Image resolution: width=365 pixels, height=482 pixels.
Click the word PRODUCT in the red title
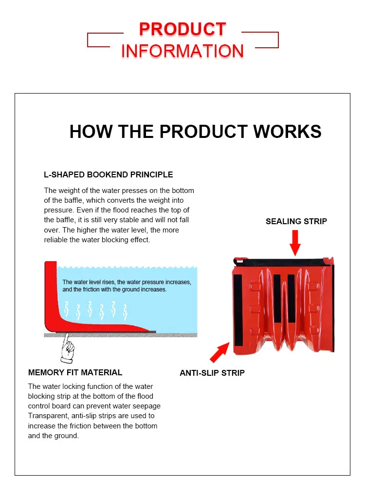pos(182,29)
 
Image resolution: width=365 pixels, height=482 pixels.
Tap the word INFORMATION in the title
pos(182,51)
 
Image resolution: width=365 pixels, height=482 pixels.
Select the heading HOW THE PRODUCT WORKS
pos(195,132)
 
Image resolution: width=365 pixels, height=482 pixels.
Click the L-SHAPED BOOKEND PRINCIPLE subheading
pos(109,174)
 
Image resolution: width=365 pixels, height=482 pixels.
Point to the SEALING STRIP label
pos(296,221)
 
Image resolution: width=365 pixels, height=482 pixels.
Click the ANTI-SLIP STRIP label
pos(212,373)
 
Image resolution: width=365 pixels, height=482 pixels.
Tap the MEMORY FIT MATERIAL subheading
pos(75,372)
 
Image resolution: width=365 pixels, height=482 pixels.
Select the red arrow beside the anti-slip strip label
pos(219,351)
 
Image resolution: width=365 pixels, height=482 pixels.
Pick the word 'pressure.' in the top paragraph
pos(58,210)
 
